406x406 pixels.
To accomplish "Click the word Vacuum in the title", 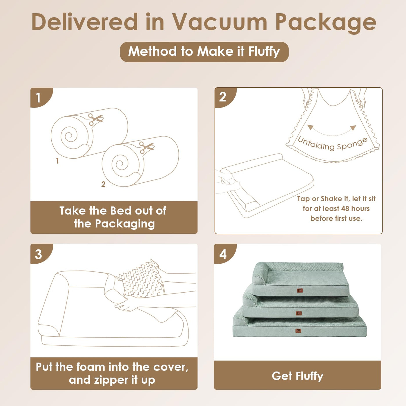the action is [220, 22].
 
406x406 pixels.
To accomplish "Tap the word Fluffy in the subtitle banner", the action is [264, 52].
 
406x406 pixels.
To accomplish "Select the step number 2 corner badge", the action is [225, 97].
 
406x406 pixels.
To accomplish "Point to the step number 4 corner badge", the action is [225, 253].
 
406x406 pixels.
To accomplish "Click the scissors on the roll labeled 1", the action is [95, 119].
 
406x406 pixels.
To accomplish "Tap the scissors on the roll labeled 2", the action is [146, 147].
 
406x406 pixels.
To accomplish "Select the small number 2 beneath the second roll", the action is [103, 184].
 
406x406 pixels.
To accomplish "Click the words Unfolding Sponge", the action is [333, 144].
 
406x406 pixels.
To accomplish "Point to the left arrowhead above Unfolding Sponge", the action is [310, 127].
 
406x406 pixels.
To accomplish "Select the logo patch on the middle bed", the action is [298, 313].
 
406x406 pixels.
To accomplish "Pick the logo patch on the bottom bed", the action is [298, 331].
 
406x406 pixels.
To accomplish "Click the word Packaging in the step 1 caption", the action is [125, 224].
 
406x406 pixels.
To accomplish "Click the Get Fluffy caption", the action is [298, 376].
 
